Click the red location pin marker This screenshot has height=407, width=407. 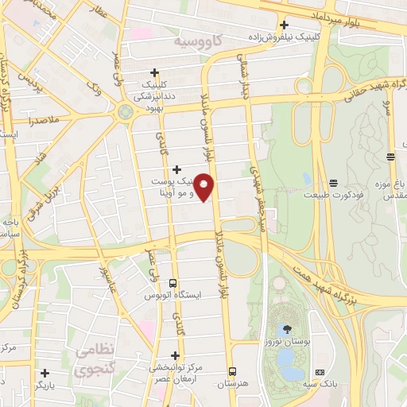click(204, 186)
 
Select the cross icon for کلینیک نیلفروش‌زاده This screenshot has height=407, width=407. click(284, 24)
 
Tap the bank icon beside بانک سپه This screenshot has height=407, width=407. click(320, 372)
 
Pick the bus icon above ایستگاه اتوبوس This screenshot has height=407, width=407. click(173, 283)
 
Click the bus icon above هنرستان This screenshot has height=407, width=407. click(232, 371)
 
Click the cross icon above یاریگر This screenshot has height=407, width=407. click(45, 372)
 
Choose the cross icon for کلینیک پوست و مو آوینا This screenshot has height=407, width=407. click(176, 169)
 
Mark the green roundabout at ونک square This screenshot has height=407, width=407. click(125, 112)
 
